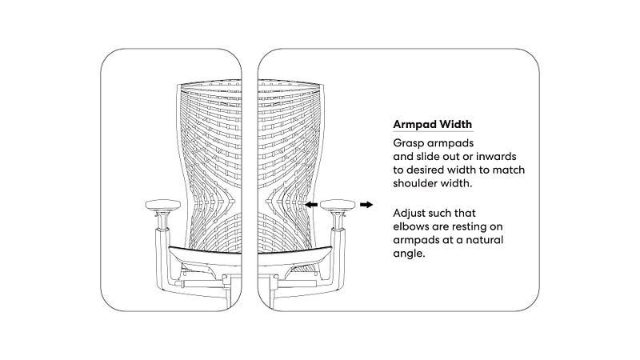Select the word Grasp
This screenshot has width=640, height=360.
pos(410,143)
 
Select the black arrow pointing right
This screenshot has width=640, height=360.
pos(366,205)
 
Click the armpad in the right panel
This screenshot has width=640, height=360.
pos(334,206)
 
